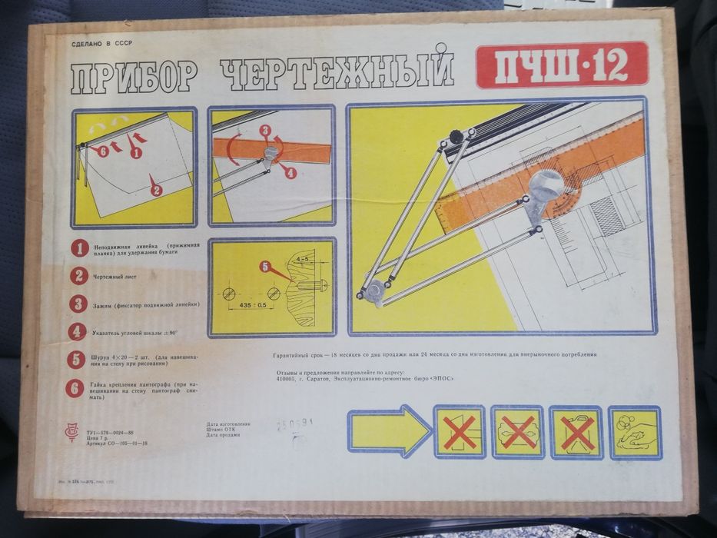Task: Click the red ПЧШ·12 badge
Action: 562,65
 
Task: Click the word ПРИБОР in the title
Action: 134,77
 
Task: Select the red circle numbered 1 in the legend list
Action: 78,248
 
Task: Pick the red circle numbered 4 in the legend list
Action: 78,331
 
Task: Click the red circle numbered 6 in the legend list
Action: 77,387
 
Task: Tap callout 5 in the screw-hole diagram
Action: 266,267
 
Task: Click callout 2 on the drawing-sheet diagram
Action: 156,189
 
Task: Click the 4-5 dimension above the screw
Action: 303,259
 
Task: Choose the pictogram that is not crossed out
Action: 634,432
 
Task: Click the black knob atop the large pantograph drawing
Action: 456,137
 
